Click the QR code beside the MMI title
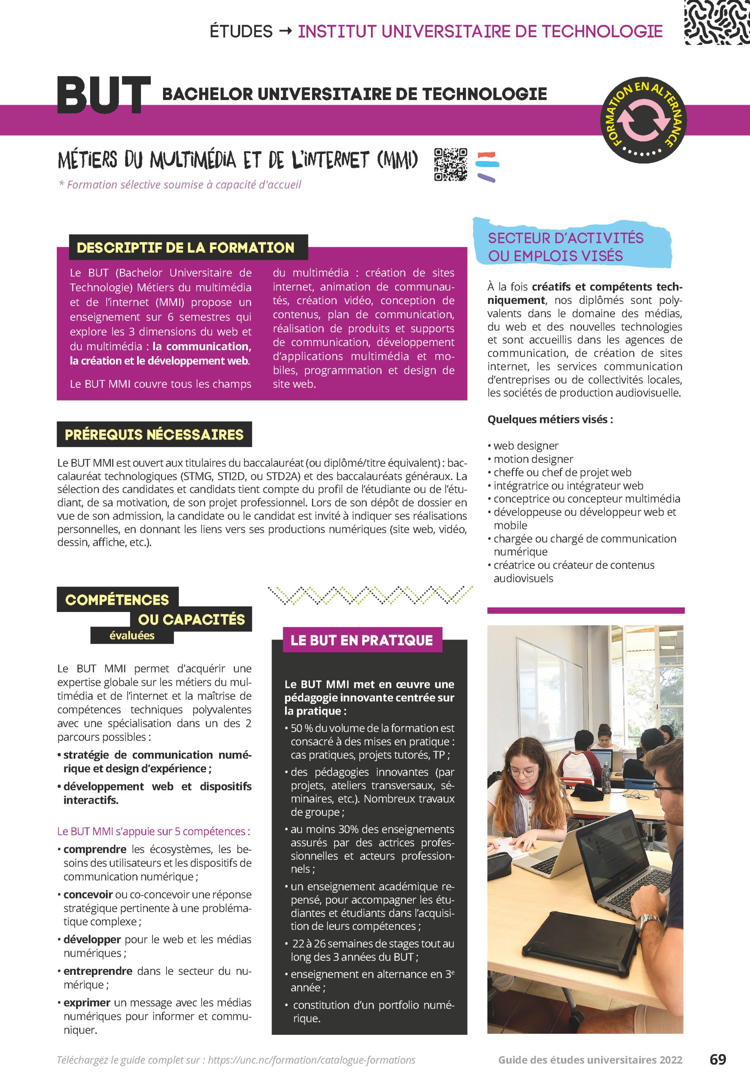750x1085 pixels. [451, 164]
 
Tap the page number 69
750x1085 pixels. [717, 1060]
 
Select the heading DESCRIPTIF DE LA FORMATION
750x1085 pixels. [185, 248]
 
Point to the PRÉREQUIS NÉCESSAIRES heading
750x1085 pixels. [154, 434]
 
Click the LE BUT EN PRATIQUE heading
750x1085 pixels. [361, 640]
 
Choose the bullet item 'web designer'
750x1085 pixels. [526, 445]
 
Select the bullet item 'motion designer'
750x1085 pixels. [533, 459]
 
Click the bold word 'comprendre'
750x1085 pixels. [95, 849]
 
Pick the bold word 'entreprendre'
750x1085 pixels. [98, 971]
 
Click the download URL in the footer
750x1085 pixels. [312, 1060]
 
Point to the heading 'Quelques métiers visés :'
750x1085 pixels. [550, 419]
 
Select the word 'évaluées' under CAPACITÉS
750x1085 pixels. [132, 635]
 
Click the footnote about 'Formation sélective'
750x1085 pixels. [180, 185]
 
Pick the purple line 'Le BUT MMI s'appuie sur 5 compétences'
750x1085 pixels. [154, 831]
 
